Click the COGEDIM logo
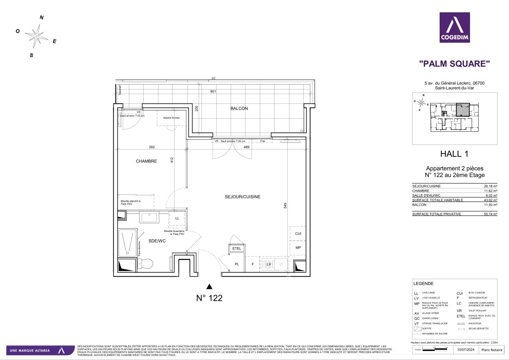coord(454,28)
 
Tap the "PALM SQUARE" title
coord(454,64)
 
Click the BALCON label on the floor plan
coord(239,109)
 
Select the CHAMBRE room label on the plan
coord(146,161)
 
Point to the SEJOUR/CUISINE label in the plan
coord(242,197)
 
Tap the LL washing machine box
coord(177,218)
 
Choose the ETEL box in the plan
coord(237,248)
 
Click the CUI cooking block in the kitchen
coord(298,234)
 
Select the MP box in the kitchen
coord(298,248)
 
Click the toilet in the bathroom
coord(145,264)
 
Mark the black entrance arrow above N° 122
coord(209,287)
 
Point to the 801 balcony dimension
coord(213,92)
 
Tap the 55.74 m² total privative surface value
coord(490,214)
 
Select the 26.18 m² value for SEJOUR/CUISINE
coord(490,186)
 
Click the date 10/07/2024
coord(465,349)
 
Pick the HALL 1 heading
coord(454,154)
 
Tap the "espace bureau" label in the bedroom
coord(171,118)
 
